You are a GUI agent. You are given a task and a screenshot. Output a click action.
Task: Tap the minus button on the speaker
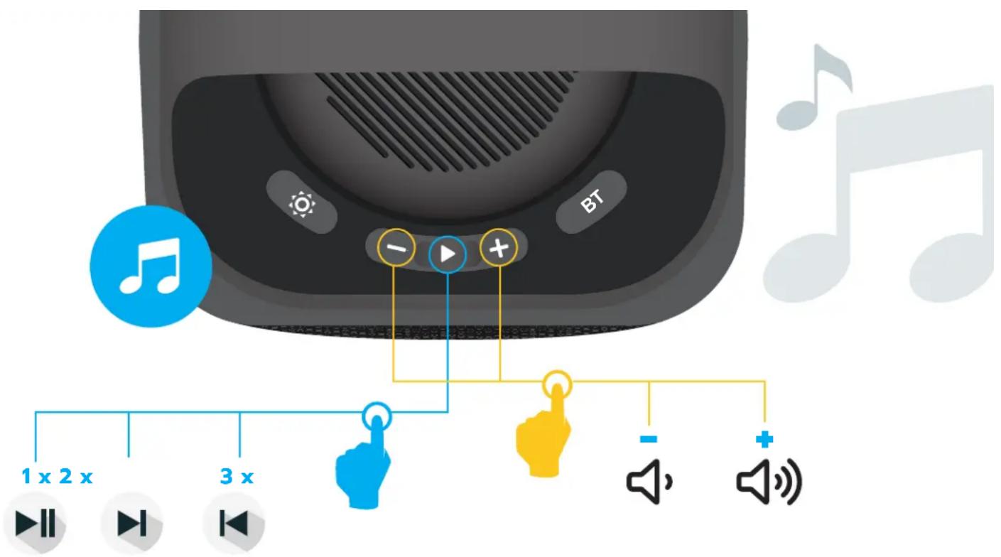tap(396, 247)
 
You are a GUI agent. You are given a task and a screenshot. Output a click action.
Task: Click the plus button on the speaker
tap(499, 247)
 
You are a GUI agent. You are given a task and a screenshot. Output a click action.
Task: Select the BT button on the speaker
tap(591, 202)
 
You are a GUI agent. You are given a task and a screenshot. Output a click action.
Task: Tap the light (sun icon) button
tap(302, 203)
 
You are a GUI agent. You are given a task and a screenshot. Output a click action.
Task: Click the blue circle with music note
tap(151, 266)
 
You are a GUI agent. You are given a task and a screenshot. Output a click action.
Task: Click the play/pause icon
tap(35, 523)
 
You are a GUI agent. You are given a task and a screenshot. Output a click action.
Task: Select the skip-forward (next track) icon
tap(131, 523)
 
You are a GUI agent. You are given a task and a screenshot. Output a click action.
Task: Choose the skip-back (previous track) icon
tap(234, 523)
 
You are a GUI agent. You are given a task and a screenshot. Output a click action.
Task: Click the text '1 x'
tap(36, 477)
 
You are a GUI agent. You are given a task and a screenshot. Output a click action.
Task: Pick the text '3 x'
tap(237, 477)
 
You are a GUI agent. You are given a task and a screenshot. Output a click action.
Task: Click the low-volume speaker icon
tap(649, 482)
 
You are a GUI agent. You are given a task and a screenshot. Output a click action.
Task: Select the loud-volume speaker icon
tap(769, 482)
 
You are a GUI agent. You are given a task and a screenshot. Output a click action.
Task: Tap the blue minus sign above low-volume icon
tap(649, 439)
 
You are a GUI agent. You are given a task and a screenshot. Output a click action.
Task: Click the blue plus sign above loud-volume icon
tap(764, 439)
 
